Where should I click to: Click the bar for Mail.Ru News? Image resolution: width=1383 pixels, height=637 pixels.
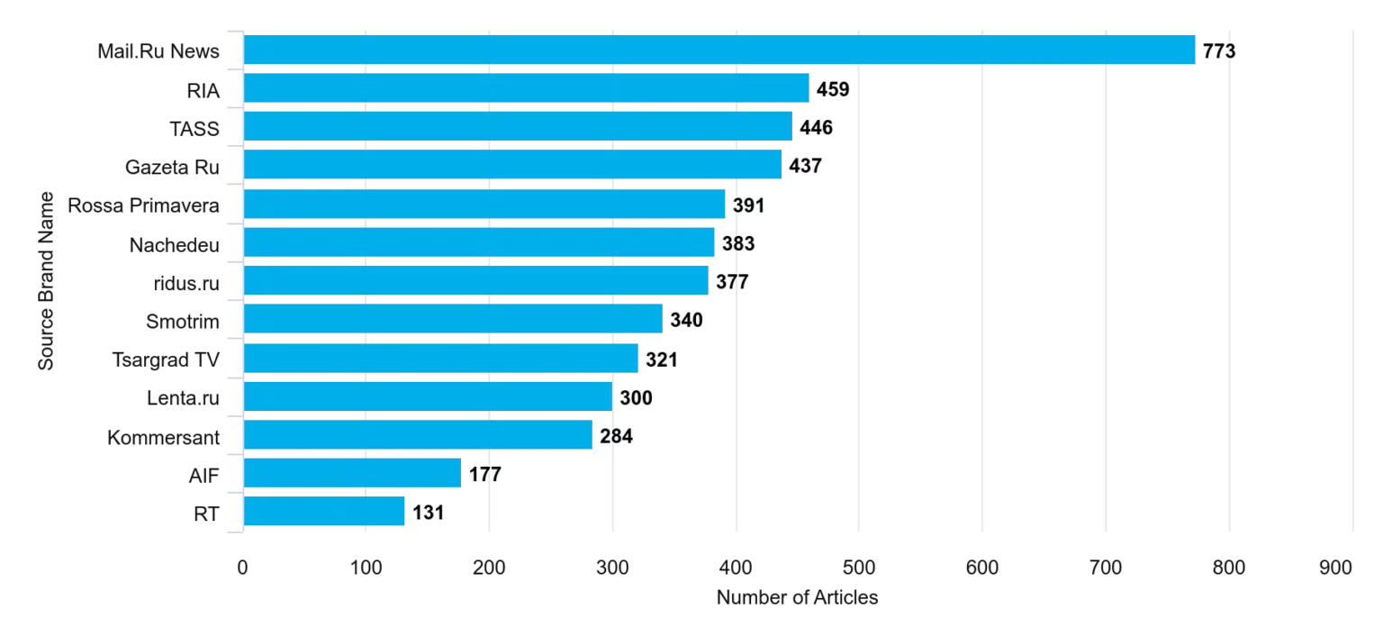[x=719, y=50]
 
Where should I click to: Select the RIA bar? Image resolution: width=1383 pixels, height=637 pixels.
[x=526, y=88]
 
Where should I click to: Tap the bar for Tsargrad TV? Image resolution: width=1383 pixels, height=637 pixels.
[x=441, y=359]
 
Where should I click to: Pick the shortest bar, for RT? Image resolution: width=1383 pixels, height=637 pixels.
[x=324, y=512]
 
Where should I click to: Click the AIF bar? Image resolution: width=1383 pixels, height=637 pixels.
[x=353, y=473]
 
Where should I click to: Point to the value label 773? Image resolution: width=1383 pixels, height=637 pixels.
[x=1219, y=50]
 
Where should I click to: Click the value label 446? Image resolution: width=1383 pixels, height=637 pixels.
[x=817, y=127]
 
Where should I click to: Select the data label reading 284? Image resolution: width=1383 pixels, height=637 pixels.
[x=616, y=436]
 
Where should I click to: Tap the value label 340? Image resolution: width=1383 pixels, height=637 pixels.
[x=687, y=320]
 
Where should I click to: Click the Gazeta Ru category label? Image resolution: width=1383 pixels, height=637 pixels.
[x=172, y=167]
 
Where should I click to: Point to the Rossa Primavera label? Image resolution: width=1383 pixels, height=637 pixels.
[x=143, y=205]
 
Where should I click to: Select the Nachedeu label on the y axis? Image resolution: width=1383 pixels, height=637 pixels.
[x=174, y=245]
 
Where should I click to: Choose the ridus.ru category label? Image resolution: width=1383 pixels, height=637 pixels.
[x=186, y=284]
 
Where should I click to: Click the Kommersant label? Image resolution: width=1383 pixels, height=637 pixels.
[x=163, y=438]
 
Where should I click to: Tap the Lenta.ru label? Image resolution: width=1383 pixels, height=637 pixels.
[x=183, y=398]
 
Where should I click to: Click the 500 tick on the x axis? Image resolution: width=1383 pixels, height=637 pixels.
[x=859, y=568]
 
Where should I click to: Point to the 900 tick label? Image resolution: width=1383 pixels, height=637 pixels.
[x=1336, y=568]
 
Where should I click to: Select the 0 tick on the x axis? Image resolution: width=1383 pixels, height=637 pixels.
[x=242, y=568]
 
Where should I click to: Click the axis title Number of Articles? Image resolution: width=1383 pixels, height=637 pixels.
[x=797, y=597]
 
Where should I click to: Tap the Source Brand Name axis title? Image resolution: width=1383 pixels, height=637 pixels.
[x=46, y=281]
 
